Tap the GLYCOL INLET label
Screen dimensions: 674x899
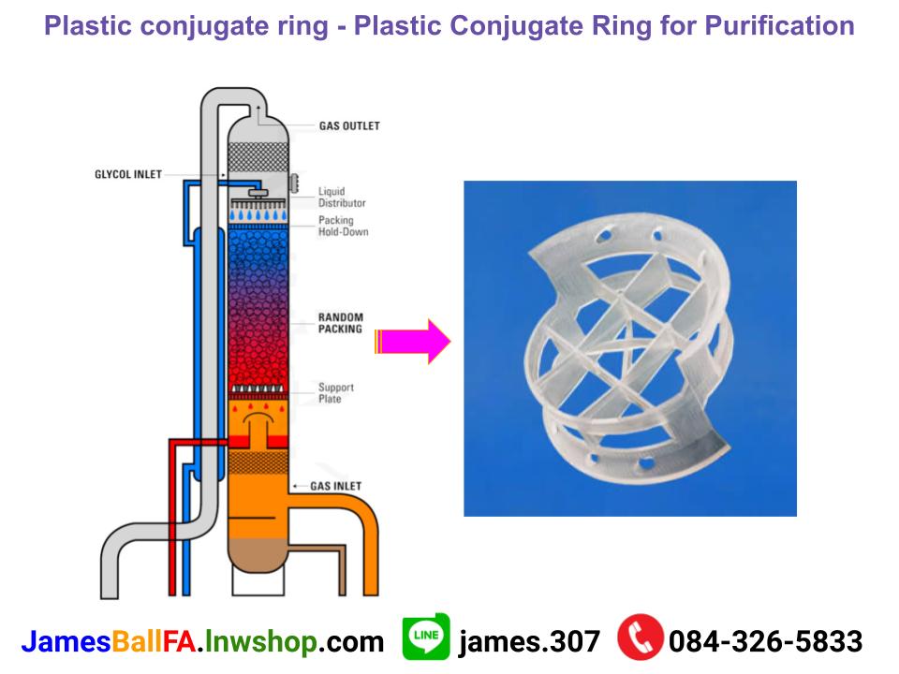[128, 173]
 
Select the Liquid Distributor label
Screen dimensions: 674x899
[341, 198]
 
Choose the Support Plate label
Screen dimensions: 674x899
[336, 393]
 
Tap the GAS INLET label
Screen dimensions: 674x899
[335, 486]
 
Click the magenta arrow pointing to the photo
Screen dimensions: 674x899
[412, 341]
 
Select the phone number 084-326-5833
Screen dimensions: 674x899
[765, 641]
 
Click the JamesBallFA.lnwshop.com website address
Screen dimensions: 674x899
[202, 641]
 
